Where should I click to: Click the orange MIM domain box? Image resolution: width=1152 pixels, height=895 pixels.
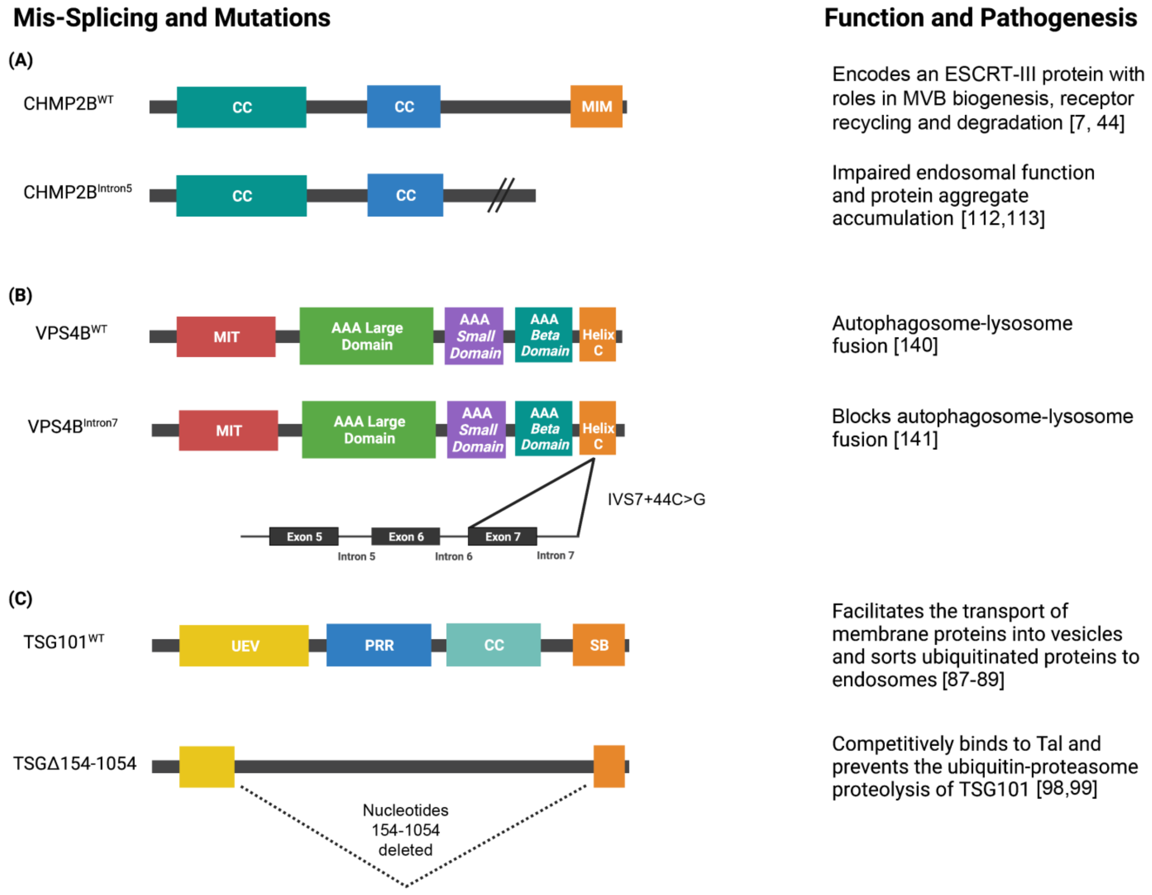(596, 107)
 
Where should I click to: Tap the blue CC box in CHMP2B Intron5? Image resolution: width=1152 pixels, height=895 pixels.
(405, 195)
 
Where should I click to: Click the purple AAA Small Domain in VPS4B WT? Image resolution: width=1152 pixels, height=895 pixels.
(474, 336)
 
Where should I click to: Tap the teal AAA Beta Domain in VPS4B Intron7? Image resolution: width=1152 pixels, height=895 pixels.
(544, 428)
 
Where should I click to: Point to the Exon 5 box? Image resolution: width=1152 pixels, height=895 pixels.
(304, 536)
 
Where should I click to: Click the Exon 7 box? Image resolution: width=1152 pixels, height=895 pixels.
(502, 536)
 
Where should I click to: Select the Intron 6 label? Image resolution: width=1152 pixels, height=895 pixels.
(453, 556)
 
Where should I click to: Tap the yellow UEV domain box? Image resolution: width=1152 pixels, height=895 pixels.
(244, 646)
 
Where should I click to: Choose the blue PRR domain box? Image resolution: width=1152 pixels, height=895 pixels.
(379, 645)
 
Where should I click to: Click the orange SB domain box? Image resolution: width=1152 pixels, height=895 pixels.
(599, 645)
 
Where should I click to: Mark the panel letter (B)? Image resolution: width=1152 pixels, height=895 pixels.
(20, 295)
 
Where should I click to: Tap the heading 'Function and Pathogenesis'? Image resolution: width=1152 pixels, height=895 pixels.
(980, 18)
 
